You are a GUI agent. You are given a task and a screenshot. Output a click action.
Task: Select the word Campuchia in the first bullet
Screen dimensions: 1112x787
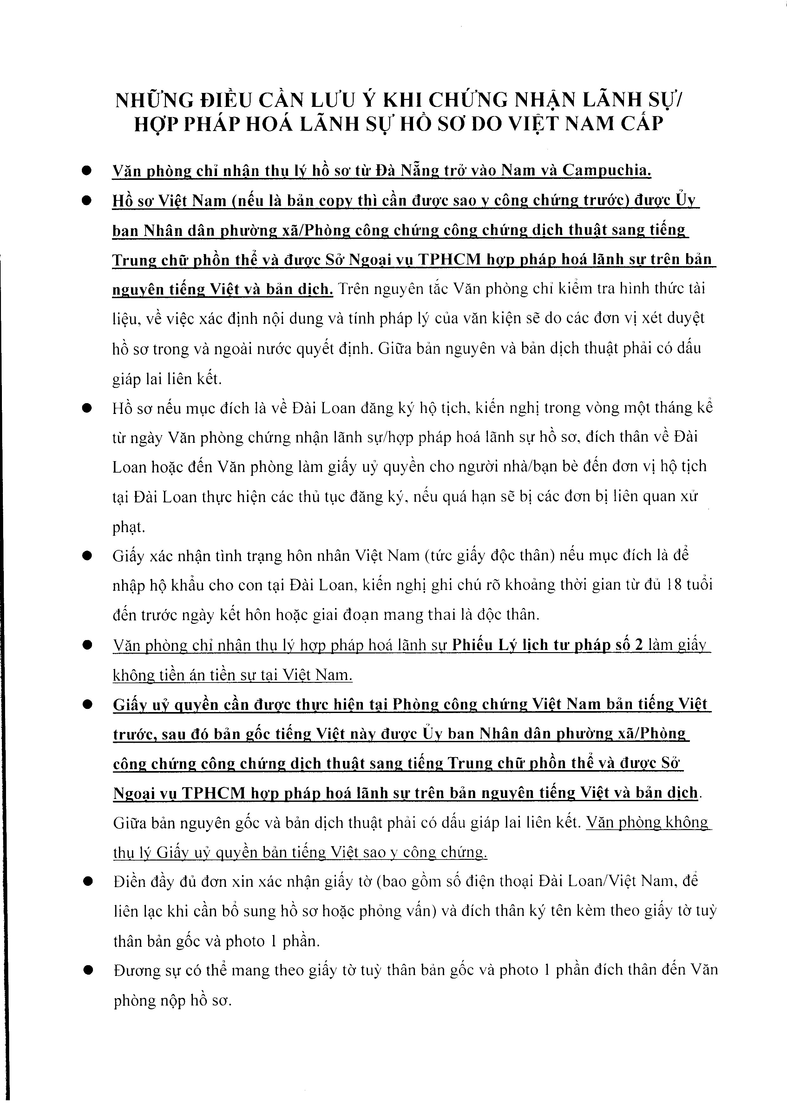tap(607, 171)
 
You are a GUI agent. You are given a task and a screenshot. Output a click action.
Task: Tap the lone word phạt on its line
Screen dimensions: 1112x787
tap(129, 527)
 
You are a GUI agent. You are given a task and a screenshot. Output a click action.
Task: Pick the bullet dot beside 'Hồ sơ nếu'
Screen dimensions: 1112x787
tap(87, 408)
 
